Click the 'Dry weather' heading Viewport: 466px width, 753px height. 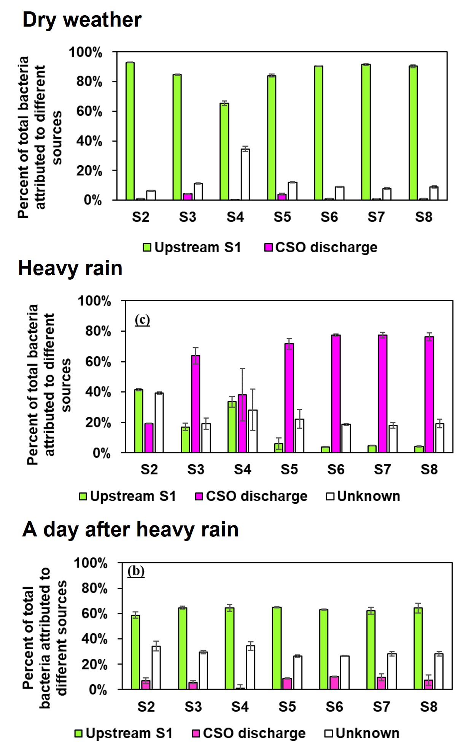[82, 20]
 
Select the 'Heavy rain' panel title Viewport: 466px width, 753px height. [70, 268]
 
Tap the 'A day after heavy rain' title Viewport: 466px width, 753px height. [130, 529]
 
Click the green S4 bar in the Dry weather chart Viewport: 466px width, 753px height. [224, 152]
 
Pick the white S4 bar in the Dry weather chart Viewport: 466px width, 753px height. [245, 175]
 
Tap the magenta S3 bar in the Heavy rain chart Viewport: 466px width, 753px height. [196, 404]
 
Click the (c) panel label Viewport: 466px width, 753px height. [142, 320]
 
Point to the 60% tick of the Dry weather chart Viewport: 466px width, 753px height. [89, 111]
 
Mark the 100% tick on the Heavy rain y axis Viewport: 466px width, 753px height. [94, 301]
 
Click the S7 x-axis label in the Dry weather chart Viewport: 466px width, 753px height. [376, 217]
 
